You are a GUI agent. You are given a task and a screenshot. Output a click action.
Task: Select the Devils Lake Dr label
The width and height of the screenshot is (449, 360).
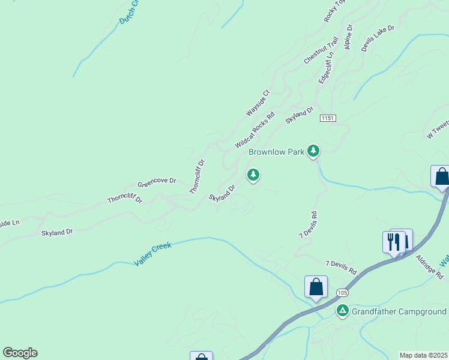(x=378, y=38)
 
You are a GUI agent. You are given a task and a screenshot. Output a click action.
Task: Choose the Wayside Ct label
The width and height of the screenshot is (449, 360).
(x=259, y=103)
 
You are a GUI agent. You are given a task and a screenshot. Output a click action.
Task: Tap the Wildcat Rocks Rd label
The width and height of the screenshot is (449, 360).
(x=255, y=130)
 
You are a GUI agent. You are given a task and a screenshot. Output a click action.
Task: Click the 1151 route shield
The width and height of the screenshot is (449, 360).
(x=327, y=119)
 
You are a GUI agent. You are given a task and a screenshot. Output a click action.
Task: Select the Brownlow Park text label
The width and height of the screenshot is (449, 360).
(x=277, y=152)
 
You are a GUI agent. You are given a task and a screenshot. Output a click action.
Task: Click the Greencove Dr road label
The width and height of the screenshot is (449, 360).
(x=157, y=181)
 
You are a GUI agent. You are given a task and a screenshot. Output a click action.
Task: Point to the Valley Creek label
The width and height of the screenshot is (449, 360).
(x=152, y=254)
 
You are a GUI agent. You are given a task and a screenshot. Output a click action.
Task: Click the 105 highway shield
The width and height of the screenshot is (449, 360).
(x=342, y=292)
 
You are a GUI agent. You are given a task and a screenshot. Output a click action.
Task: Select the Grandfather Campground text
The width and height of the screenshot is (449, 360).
(x=399, y=311)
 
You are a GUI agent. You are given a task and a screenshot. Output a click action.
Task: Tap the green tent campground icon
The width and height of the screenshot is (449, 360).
(x=342, y=310)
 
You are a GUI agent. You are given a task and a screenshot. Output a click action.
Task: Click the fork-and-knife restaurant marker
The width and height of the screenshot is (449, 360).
(x=394, y=241)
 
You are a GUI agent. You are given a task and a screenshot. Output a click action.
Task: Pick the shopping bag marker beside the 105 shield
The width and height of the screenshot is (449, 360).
(x=316, y=287)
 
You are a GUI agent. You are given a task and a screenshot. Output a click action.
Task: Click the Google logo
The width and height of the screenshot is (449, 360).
(x=20, y=353)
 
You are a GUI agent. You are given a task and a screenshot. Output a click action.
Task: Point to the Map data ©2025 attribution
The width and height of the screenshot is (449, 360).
(x=423, y=355)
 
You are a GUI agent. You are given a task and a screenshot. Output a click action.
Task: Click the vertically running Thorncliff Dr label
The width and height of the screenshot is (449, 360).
(x=197, y=176)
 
